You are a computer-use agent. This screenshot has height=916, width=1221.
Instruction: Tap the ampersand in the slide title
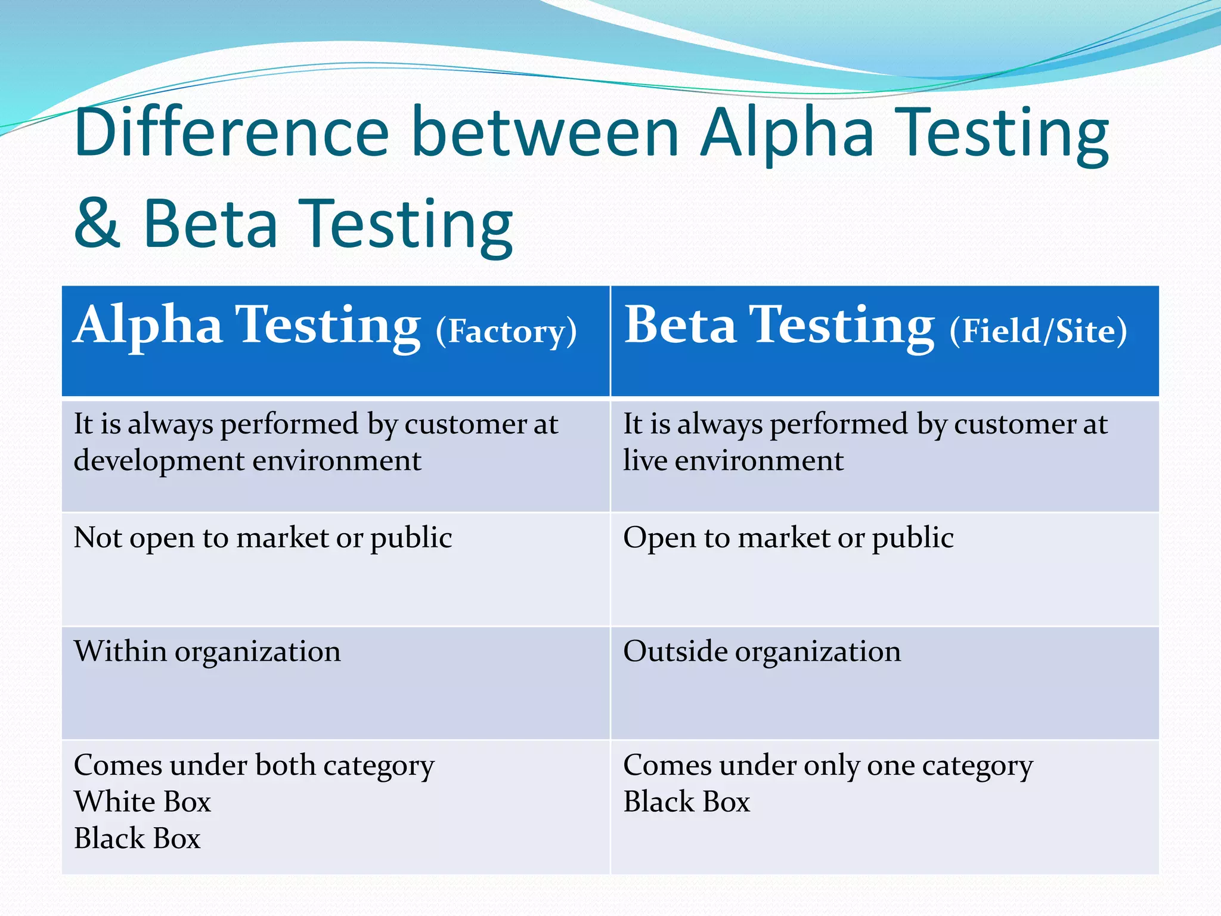point(97,224)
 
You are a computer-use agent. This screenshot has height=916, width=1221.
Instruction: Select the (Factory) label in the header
point(506,332)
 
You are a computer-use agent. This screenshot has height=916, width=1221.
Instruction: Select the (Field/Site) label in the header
point(1038,331)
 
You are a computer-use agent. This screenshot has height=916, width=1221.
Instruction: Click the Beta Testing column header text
point(779,325)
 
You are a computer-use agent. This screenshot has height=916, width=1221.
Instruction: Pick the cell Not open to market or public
point(262,538)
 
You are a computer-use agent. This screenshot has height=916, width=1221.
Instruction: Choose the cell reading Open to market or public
point(788,538)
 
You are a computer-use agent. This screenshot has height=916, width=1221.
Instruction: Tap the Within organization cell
point(207,651)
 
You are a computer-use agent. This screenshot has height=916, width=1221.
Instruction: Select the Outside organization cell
point(761,651)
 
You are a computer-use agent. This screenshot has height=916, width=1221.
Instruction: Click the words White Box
point(142,801)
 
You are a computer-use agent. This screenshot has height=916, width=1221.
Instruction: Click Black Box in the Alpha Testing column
point(137,838)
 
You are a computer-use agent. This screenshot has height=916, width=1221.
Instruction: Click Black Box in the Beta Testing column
point(686,801)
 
